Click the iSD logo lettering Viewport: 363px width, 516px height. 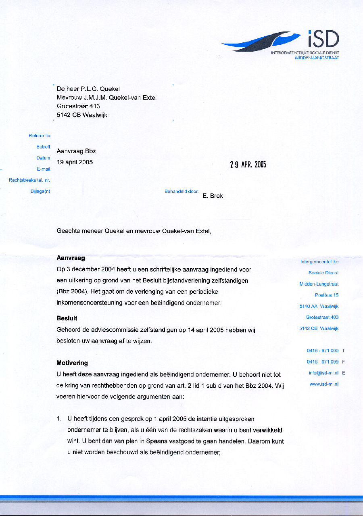tap(323, 40)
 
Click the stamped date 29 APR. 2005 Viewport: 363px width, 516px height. tap(248, 164)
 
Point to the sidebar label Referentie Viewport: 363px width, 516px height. tap(40, 136)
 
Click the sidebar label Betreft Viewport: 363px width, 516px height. tap(44, 147)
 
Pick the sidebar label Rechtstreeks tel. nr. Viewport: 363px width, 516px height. tap(29, 180)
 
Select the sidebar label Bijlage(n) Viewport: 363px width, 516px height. tap(40, 191)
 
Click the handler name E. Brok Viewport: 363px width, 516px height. tap(213, 196)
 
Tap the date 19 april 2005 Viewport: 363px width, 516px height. tap(75, 162)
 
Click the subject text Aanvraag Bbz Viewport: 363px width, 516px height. tap(76, 151)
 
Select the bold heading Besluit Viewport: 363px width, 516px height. tap(67, 318)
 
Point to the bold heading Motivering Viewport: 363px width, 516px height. tap(72, 363)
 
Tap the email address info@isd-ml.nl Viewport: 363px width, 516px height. tap(323, 373)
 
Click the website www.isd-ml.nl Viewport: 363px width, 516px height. tap(324, 384)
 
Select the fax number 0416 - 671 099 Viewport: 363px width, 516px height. tap(323, 361)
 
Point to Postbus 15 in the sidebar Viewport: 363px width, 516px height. tap(327, 295)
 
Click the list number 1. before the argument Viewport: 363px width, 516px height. tap(59, 419)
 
